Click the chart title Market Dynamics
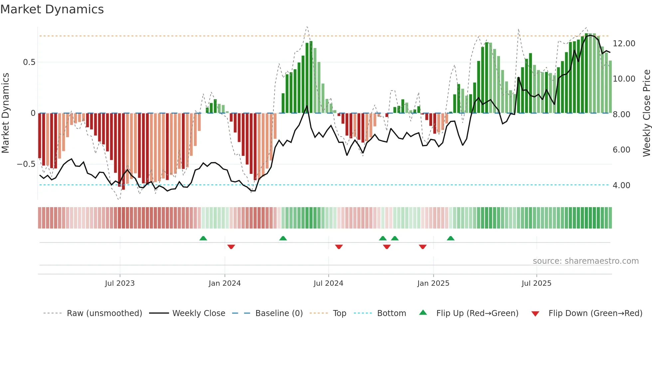pos(52,9)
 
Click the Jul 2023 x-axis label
pos(120,283)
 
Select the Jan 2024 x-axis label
pos(225,283)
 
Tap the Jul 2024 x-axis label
pos(328,283)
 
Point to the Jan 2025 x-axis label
pos(433,283)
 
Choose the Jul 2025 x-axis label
pos(536,283)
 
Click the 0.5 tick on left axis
pos(29,62)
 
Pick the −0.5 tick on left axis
pos(26,164)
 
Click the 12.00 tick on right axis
pos(624,44)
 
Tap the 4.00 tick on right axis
pos(621,185)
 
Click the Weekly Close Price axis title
pos(646,113)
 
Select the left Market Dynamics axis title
pos(5,113)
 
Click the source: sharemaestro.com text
pos(585,261)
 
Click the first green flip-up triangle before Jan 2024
pos(203,238)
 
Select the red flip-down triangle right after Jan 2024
pos(231,247)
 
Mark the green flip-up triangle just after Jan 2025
pos(450,238)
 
